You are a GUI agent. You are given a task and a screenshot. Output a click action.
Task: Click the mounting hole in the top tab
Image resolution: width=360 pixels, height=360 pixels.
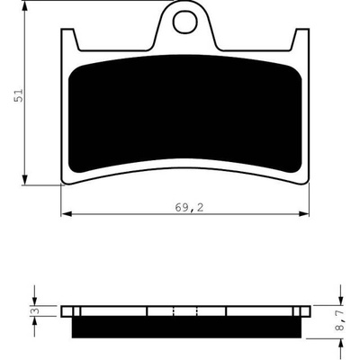pyautogui.click(x=184, y=22)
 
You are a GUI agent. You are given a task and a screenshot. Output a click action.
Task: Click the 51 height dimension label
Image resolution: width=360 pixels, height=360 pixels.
pyautogui.click(x=18, y=95)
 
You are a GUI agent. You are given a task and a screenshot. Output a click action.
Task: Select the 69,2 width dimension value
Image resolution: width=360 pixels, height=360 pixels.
pyautogui.click(x=189, y=207)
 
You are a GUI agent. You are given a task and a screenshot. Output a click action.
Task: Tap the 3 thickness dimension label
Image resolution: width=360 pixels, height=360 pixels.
pyautogui.click(x=36, y=311)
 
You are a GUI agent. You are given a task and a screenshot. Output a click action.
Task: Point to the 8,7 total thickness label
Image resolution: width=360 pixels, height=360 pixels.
pyautogui.click(x=340, y=320)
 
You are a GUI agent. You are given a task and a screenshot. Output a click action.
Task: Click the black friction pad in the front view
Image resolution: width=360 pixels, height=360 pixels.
pyautogui.click(x=184, y=114)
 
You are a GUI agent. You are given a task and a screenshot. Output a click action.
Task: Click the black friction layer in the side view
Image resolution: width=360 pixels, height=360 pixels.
pyautogui.click(x=186, y=327)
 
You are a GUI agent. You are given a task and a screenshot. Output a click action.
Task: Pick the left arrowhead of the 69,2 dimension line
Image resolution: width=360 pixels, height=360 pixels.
pyautogui.click(x=67, y=214)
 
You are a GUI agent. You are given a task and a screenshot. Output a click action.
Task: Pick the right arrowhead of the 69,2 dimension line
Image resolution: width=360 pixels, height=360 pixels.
pyautogui.click(x=303, y=214)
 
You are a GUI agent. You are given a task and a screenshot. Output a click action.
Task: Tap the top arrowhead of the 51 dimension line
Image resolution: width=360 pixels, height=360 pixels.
pyautogui.click(x=25, y=6)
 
